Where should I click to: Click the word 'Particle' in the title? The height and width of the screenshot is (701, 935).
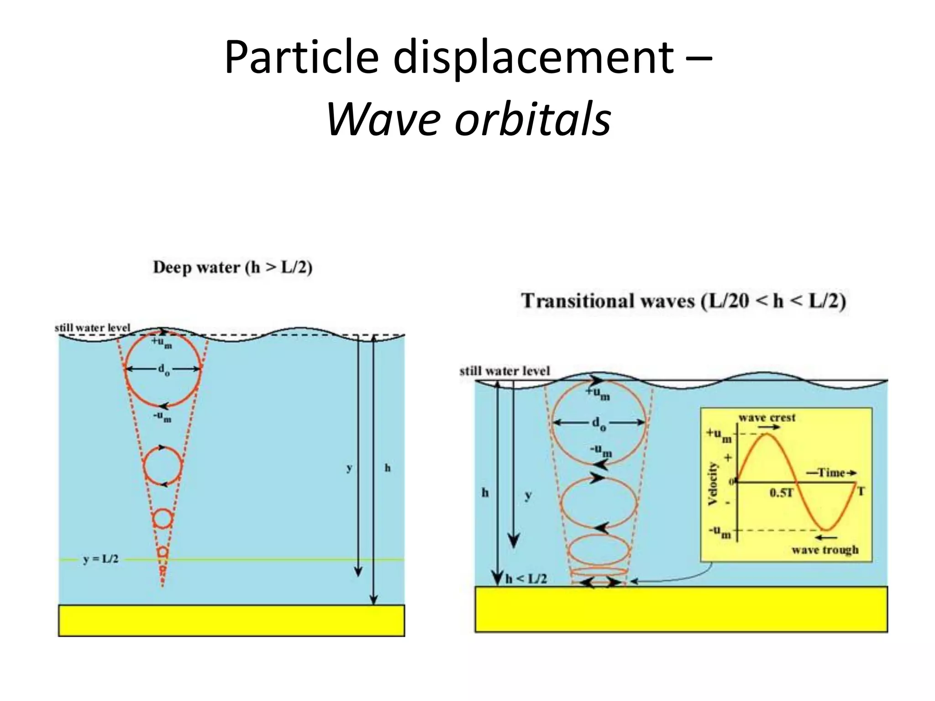coord(302,59)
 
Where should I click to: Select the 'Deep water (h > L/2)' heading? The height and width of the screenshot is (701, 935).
coord(232,267)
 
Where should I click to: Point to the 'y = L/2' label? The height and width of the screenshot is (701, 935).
coord(101,559)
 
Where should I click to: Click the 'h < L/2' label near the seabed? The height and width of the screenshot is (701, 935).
coord(526,579)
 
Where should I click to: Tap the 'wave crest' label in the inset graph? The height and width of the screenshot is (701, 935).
coord(767,418)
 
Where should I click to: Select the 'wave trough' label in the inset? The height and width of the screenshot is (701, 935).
coord(825,549)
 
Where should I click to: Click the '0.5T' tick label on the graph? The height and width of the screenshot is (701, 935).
coord(782,493)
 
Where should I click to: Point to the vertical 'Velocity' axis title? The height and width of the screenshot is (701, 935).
coord(713,484)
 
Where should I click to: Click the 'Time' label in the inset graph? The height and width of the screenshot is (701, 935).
coord(831,473)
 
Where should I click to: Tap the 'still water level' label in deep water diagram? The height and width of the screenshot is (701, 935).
coord(92,328)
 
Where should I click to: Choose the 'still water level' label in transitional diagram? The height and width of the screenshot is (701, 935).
coord(504,371)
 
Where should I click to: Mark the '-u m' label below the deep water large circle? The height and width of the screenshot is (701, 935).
coord(162,417)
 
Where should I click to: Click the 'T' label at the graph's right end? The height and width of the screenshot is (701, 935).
coord(861,491)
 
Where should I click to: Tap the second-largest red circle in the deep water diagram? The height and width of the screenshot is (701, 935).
coord(163,466)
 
